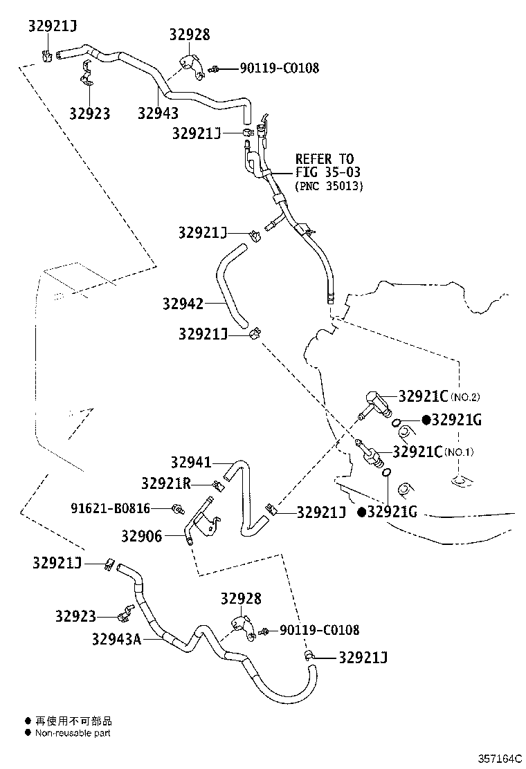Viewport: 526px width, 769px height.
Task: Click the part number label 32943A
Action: click(x=116, y=639)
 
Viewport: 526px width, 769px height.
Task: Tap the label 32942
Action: click(x=183, y=304)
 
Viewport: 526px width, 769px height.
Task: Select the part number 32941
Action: click(x=191, y=462)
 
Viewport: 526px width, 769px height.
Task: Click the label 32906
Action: click(x=141, y=536)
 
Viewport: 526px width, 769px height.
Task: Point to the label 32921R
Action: click(x=166, y=483)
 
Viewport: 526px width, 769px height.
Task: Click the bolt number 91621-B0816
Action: click(x=111, y=508)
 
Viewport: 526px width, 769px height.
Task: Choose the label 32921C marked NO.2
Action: click(x=423, y=396)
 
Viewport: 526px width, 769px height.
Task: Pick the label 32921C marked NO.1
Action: click(x=418, y=452)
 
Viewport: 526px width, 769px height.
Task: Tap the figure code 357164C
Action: click(x=500, y=758)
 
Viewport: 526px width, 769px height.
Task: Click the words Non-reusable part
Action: click(x=73, y=733)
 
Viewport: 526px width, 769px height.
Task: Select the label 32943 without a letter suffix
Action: click(x=158, y=113)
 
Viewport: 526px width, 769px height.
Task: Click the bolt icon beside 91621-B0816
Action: click(x=178, y=509)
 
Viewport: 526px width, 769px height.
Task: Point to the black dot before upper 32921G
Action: click(x=426, y=420)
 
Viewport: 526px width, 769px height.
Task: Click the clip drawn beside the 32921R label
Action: click(x=218, y=487)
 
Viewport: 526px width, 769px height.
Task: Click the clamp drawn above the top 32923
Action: click(x=87, y=73)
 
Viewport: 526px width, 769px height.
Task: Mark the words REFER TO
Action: click(x=325, y=159)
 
